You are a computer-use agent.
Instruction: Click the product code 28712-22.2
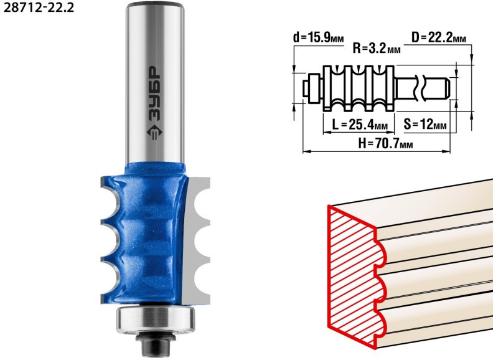[x=39, y=7]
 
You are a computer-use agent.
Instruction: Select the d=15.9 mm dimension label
[x=318, y=38]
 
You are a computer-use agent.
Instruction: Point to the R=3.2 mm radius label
[x=377, y=49]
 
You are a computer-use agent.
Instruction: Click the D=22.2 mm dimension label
[x=439, y=38]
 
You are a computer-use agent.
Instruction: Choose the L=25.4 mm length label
[x=359, y=125]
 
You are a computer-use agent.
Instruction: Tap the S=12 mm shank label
[x=425, y=125]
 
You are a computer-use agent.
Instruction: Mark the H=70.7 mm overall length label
[x=385, y=144]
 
